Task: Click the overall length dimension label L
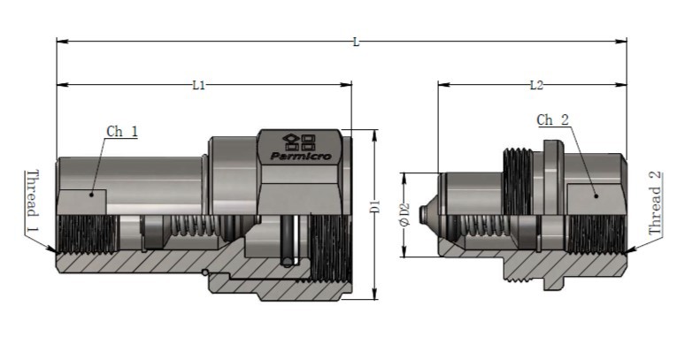(356, 42)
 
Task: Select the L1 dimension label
(198, 85)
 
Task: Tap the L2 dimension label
(536, 85)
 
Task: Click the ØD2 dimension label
(404, 215)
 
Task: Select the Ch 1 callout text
(122, 132)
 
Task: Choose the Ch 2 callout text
(553, 120)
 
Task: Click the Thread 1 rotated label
(32, 201)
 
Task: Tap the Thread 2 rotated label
(655, 203)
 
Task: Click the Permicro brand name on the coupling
(301, 157)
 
